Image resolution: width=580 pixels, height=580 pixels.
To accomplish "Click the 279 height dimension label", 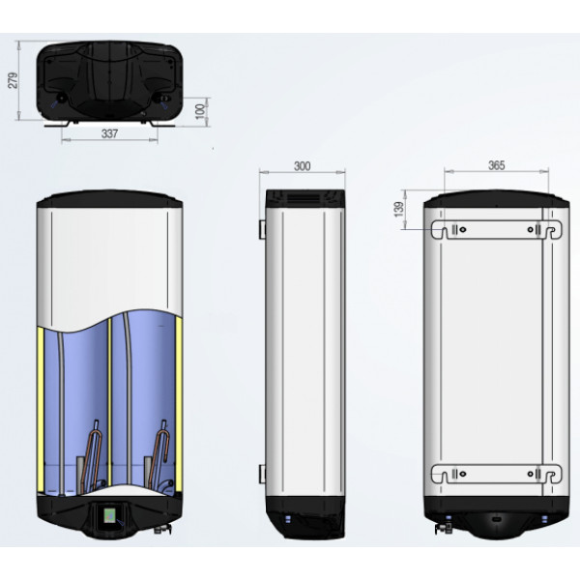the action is pos(13,80).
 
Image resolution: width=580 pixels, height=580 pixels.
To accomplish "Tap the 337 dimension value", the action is pos(109,133).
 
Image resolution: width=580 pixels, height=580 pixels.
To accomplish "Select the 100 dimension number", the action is pos(200,111).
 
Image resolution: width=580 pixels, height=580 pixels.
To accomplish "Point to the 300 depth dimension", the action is pos(302,166).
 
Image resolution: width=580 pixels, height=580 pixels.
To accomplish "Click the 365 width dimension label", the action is pos(496,165).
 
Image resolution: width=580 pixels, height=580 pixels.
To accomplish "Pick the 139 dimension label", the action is pos(399,210).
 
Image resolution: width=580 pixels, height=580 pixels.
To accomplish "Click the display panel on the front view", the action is pos(110,515).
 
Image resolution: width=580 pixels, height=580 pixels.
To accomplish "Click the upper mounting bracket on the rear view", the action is pos(497,230).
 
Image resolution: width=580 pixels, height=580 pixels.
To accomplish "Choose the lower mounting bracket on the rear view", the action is pos(497,474).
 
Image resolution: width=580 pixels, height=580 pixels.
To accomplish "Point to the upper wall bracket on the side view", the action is pos(262,229).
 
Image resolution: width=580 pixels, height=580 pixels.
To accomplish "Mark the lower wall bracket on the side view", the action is pos(262,474).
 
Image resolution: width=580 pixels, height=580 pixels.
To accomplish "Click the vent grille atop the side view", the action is pos(304,198).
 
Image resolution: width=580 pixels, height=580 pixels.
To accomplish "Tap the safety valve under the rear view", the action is pos(444,528).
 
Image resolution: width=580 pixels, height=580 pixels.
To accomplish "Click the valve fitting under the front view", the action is pos(162,530).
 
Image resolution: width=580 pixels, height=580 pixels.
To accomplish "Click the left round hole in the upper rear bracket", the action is pos(462,230).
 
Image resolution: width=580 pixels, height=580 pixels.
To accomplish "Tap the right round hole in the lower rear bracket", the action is pos(531,474).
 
